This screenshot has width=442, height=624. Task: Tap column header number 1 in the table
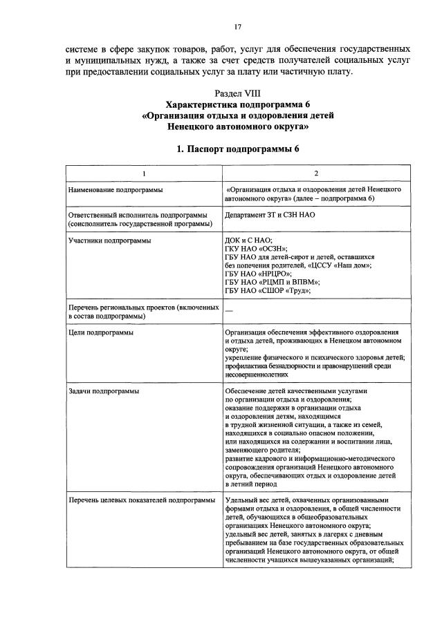click(143, 173)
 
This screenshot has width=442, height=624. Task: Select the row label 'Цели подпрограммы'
click(95, 332)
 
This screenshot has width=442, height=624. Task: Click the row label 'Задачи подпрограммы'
click(98, 391)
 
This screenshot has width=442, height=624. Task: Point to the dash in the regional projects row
click(229, 311)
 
